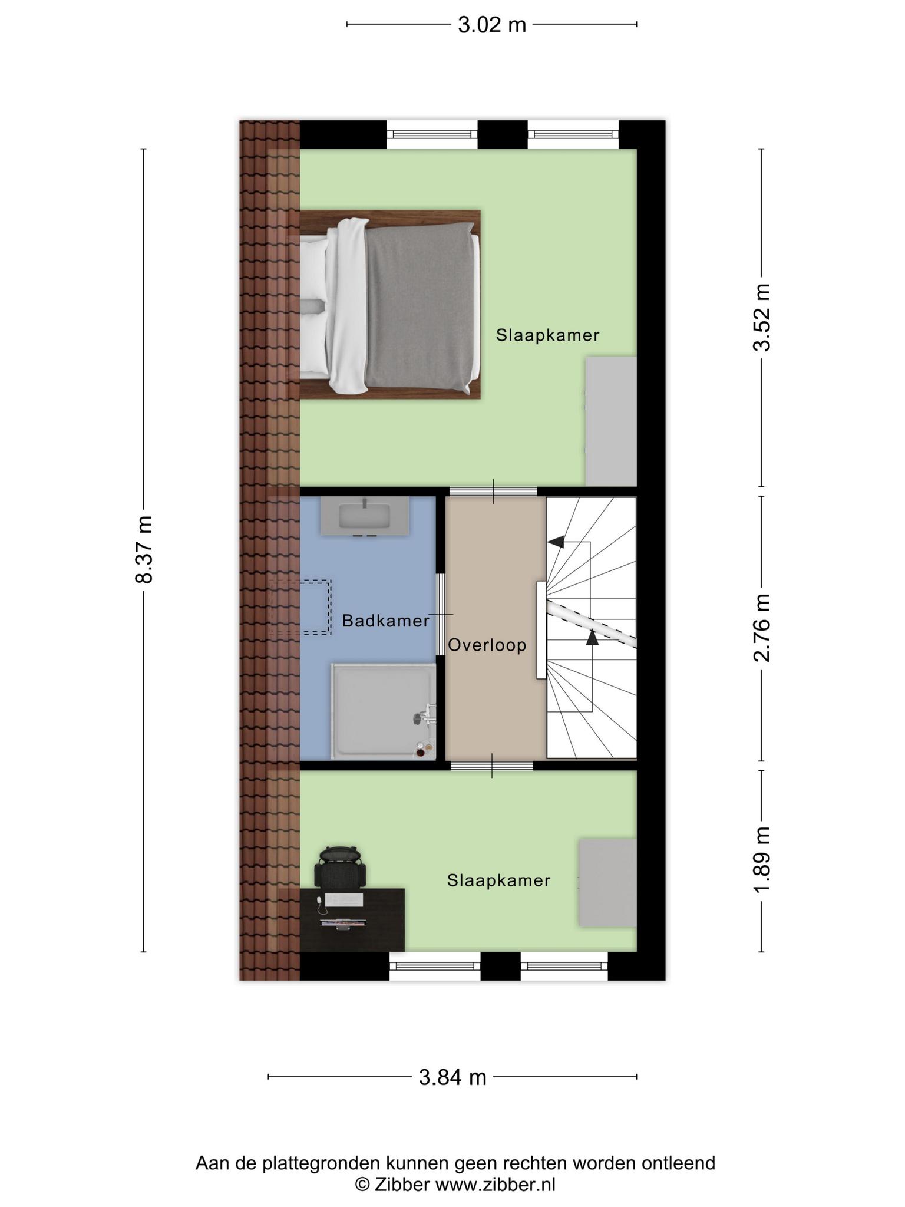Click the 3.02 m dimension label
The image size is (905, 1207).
[492, 25]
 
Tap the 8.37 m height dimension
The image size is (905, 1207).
[144, 549]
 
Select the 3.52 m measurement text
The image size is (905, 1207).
[761, 317]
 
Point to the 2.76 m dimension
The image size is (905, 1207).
[761, 628]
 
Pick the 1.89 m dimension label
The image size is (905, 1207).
[761, 860]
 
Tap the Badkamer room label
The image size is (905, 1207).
[386, 621]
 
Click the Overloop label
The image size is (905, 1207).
[487, 645]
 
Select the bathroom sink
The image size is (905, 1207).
[365, 516]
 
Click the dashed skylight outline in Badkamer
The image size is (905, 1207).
[300, 607]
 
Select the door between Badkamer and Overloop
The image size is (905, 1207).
[440, 614]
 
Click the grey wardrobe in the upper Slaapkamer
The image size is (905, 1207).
[611, 421]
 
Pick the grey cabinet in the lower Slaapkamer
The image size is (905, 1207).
[607, 882]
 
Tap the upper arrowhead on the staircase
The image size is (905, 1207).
[556, 541]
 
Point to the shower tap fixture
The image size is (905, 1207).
[424, 714]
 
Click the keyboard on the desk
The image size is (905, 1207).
[343, 901]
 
